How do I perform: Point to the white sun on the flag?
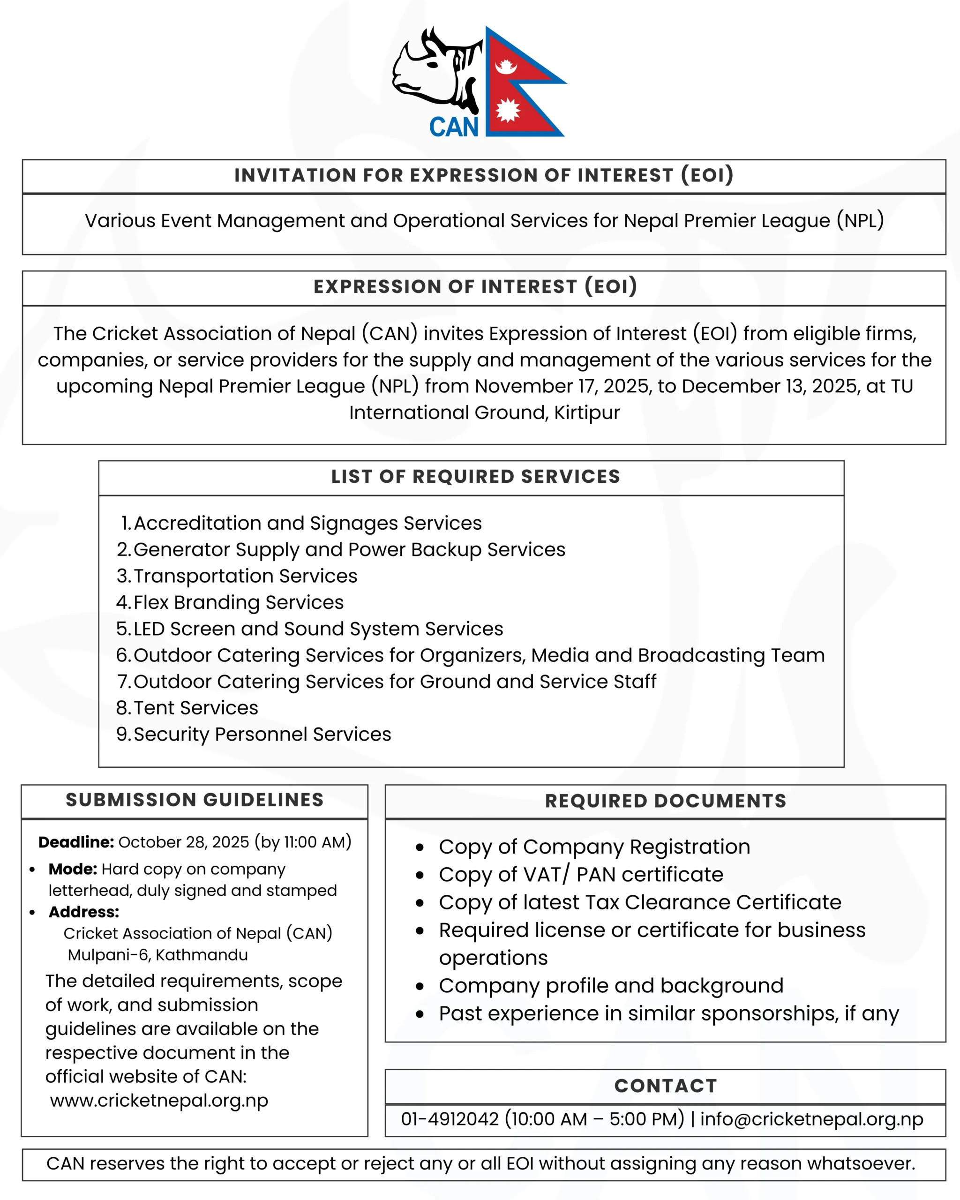tap(507, 109)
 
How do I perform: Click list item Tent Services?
tap(195, 707)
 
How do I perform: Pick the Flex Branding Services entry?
tap(238, 602)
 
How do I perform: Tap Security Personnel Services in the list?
tap(262, 734)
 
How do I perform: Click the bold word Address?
tap(83, 912)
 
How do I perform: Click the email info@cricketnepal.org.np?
tap(811, 1119)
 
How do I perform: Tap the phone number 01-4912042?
tap(450, 1119)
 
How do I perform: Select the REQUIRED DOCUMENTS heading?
tap(666, 801)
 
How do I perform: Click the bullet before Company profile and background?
tap(420, 986)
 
